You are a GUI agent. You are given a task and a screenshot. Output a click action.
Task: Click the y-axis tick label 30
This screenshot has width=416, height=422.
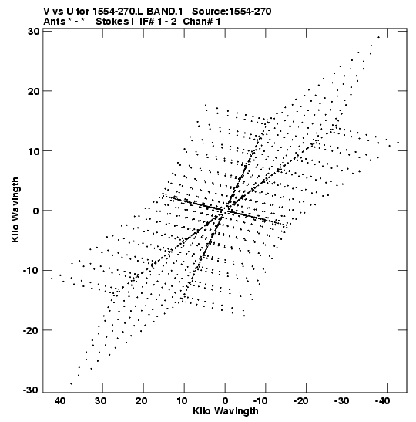click(x=33, y=31)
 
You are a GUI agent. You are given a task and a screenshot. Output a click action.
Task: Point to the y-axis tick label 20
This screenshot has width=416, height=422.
click(x=33, y=91)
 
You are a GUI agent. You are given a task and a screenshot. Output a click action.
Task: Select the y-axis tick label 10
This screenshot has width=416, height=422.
click(x=33, y=150)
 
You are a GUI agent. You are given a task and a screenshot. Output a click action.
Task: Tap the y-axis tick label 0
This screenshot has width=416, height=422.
click(x=36, y=211)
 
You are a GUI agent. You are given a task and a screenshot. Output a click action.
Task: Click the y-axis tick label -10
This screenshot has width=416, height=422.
click(x=31, y=270)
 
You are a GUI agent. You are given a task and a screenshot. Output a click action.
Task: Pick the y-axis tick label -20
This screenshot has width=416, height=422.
click(x=31, y=330)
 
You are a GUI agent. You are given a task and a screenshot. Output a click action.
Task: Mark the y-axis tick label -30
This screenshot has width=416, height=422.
click(x=31, y=390)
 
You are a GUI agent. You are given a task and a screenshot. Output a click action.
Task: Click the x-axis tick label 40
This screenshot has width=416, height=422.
click(x=60, y=401)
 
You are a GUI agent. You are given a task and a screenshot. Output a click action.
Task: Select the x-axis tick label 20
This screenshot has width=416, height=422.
click(x=142, y=401)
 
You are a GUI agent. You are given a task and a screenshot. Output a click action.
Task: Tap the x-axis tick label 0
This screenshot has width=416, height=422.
click(x=225, y=401)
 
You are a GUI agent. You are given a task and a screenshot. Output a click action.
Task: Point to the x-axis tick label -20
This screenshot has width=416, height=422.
click(x=301, y=401)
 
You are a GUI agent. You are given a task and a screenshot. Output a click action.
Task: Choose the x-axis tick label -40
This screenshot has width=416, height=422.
click(x=382, y=401)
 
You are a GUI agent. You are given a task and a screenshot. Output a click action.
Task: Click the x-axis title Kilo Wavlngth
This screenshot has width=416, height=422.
click(x=226, y=411)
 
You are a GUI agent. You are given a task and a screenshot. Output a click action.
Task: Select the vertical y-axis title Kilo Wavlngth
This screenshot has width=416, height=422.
click(x=15, y=210)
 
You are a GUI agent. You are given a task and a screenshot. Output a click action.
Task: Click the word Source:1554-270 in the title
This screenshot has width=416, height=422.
click(x=232, y=12)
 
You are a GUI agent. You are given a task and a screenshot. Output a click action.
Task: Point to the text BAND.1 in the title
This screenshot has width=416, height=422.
click(x=164, y=12)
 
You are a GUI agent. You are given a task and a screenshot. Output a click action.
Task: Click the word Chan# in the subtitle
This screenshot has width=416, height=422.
click(x=197, y=22)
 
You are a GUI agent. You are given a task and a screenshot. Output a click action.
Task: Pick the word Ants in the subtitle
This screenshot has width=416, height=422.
click(x=54, y=22)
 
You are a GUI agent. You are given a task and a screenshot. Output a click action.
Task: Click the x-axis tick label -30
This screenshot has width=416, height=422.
click(x=342, y=401)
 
